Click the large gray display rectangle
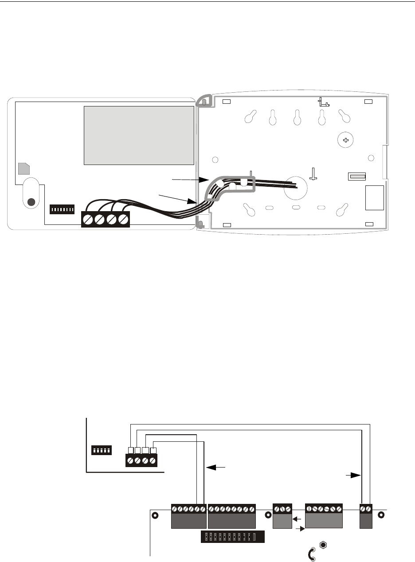pos(139,135)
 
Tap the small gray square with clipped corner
pos(24,169)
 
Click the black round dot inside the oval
pos(31,202)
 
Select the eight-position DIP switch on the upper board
pos(62,208)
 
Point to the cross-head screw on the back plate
pos(346,141)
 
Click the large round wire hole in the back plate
pos(296,188)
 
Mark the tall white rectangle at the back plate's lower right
pos(375,197)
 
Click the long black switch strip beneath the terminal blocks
pos(232,537)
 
